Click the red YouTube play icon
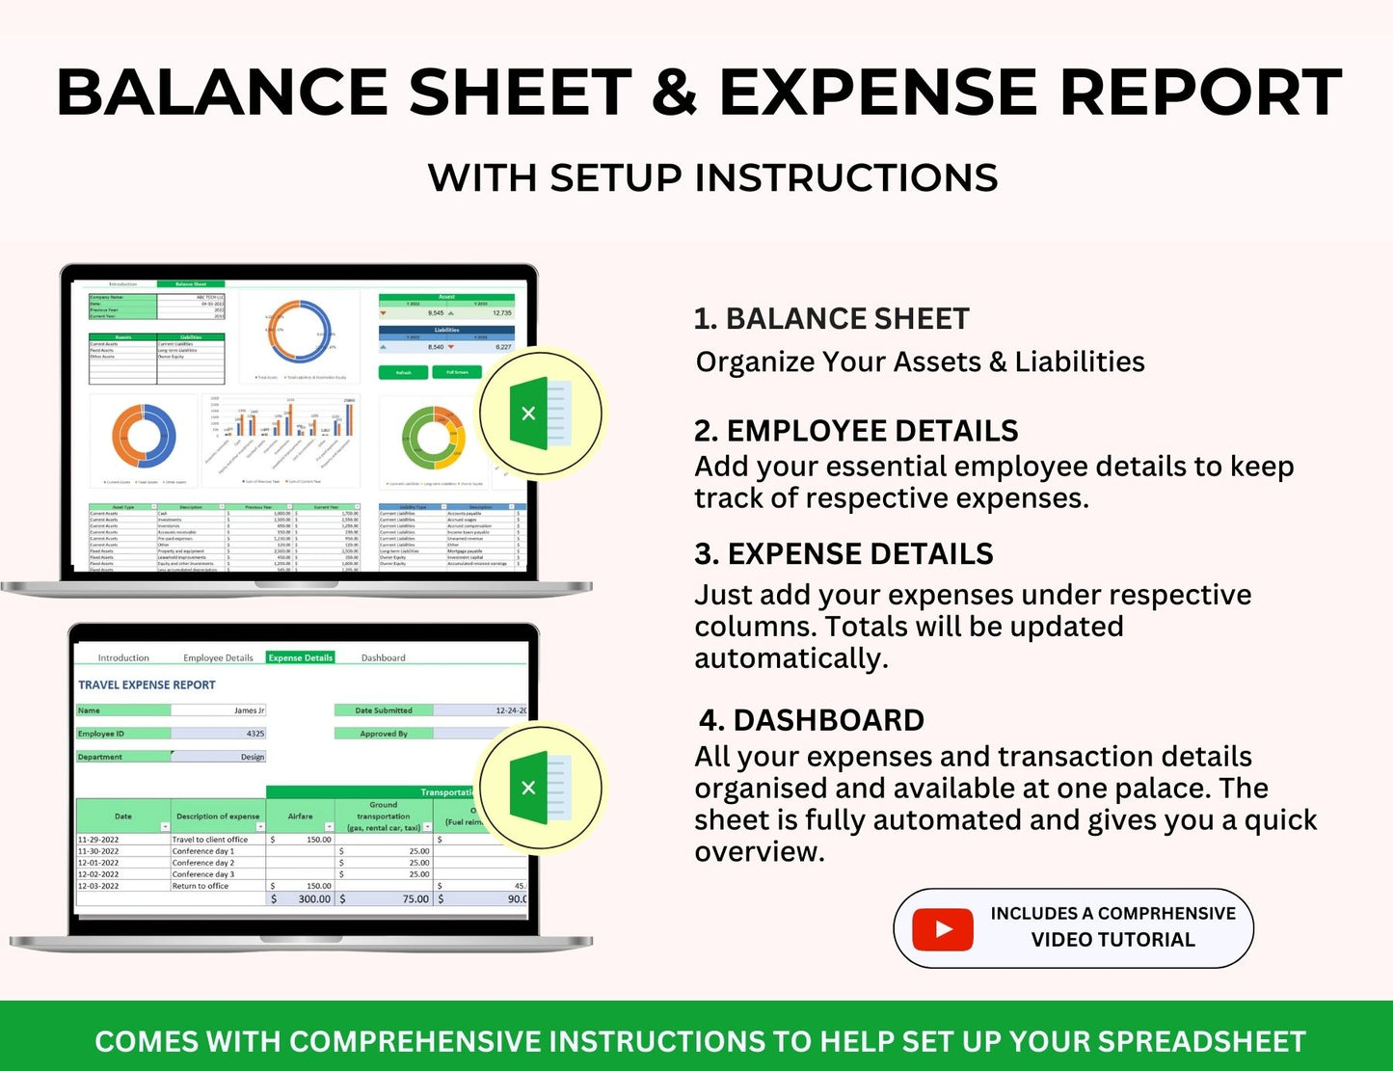pos(942,929)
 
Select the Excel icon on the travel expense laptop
pos(540,787)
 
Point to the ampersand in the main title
pos(674,94)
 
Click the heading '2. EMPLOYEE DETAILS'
pos(856,431)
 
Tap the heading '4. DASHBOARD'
pos(811,720)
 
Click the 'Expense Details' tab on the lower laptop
pos(300,657)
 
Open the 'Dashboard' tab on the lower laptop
pos(383,657)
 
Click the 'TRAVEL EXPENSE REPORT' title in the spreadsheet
pos(147,684)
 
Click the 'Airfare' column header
pos(300,817)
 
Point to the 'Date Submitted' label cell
pos(383,710)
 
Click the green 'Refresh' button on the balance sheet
pos(404,372)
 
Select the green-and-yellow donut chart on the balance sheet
pos(433,439)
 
